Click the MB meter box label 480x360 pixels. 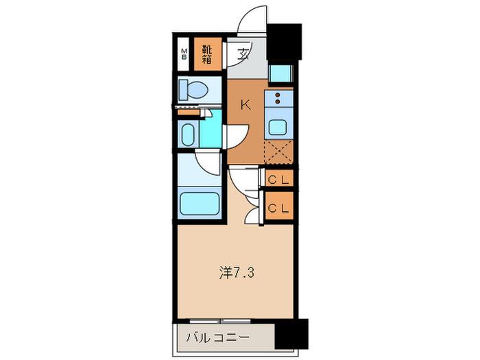[184, 54]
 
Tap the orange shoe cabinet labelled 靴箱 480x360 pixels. [208, 54]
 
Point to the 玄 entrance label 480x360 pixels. [243, 54]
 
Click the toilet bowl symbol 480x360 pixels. [194, 89]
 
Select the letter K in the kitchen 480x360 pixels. [245, 105]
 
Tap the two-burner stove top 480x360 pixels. [278, 98]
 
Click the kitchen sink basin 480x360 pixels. [278, 128]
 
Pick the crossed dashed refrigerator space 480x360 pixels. [278, 152]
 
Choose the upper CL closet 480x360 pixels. [278, 180]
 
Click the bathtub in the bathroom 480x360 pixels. [200, 204]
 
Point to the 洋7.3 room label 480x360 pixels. [237, 272]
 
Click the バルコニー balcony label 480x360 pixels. [217, 338]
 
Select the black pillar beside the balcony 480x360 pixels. [291, 334]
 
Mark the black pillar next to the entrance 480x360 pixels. [285, 42]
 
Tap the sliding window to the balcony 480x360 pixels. [220, 321]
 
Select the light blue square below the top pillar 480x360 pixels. [280, 73]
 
